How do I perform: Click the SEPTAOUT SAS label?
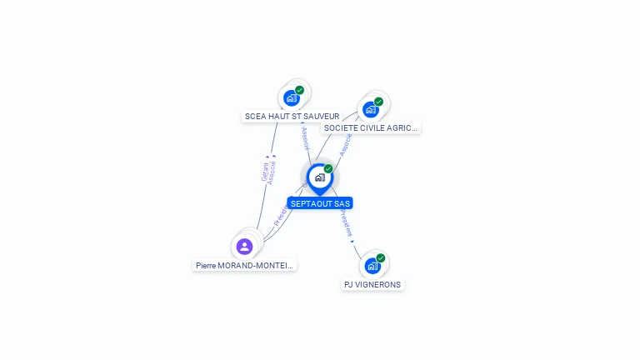[x=320, y=203]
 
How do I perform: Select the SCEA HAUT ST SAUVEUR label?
[x=292, y=116]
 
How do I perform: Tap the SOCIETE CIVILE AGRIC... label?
[x=371, y=128]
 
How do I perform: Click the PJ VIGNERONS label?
[x=372, y=284]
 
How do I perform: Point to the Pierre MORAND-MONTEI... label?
[x=244, y=265]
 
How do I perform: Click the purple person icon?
[x=244, y=246]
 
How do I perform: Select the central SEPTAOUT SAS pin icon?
[x=319, y=177]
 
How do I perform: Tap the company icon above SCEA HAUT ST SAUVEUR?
[x=291, y=97]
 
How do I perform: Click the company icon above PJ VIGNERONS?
[x=372, y=266]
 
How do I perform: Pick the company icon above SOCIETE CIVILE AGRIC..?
[x=370, y=109]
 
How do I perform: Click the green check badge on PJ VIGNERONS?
[x=381, y=257]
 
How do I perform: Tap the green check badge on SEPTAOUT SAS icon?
[x=328, y=168]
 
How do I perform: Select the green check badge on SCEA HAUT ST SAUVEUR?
[x=299, y=90]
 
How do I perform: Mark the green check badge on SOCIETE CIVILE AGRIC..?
[x=378, y=102]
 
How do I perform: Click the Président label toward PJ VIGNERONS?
[x=345, y=222]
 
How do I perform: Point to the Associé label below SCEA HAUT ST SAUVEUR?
[x=305, y=138]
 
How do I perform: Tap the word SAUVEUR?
[x=322, y=116]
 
